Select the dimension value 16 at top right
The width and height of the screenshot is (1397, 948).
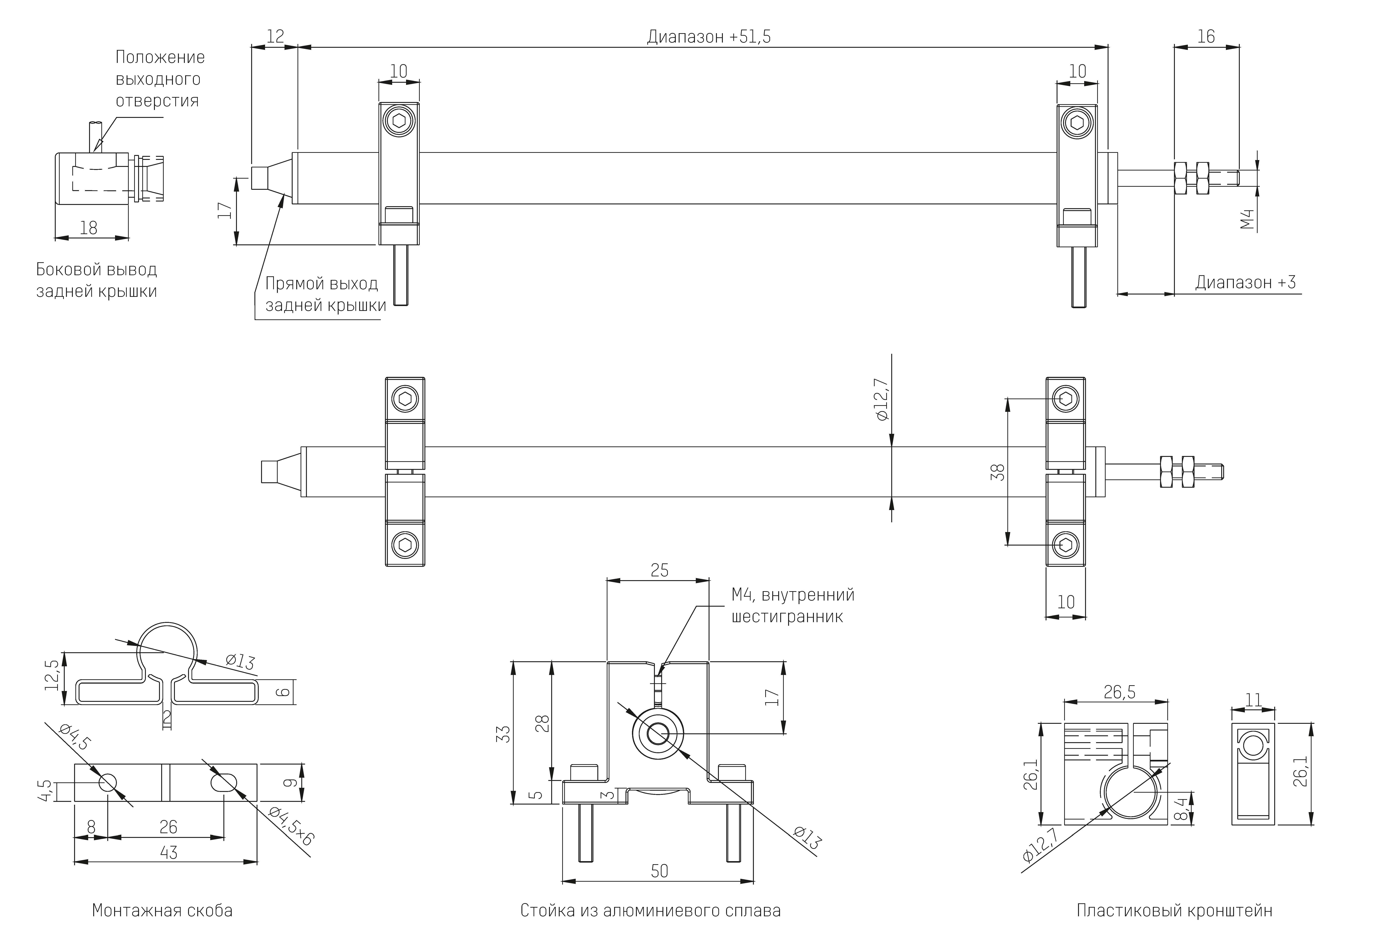tap(1206, 37)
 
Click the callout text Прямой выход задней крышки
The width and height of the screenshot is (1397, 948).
tap(325, 294)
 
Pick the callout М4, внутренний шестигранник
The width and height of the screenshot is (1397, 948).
tap(792, 606)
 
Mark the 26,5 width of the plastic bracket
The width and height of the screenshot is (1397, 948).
tap(1119, 693)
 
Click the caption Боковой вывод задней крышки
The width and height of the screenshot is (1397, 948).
tap(96, 280)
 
